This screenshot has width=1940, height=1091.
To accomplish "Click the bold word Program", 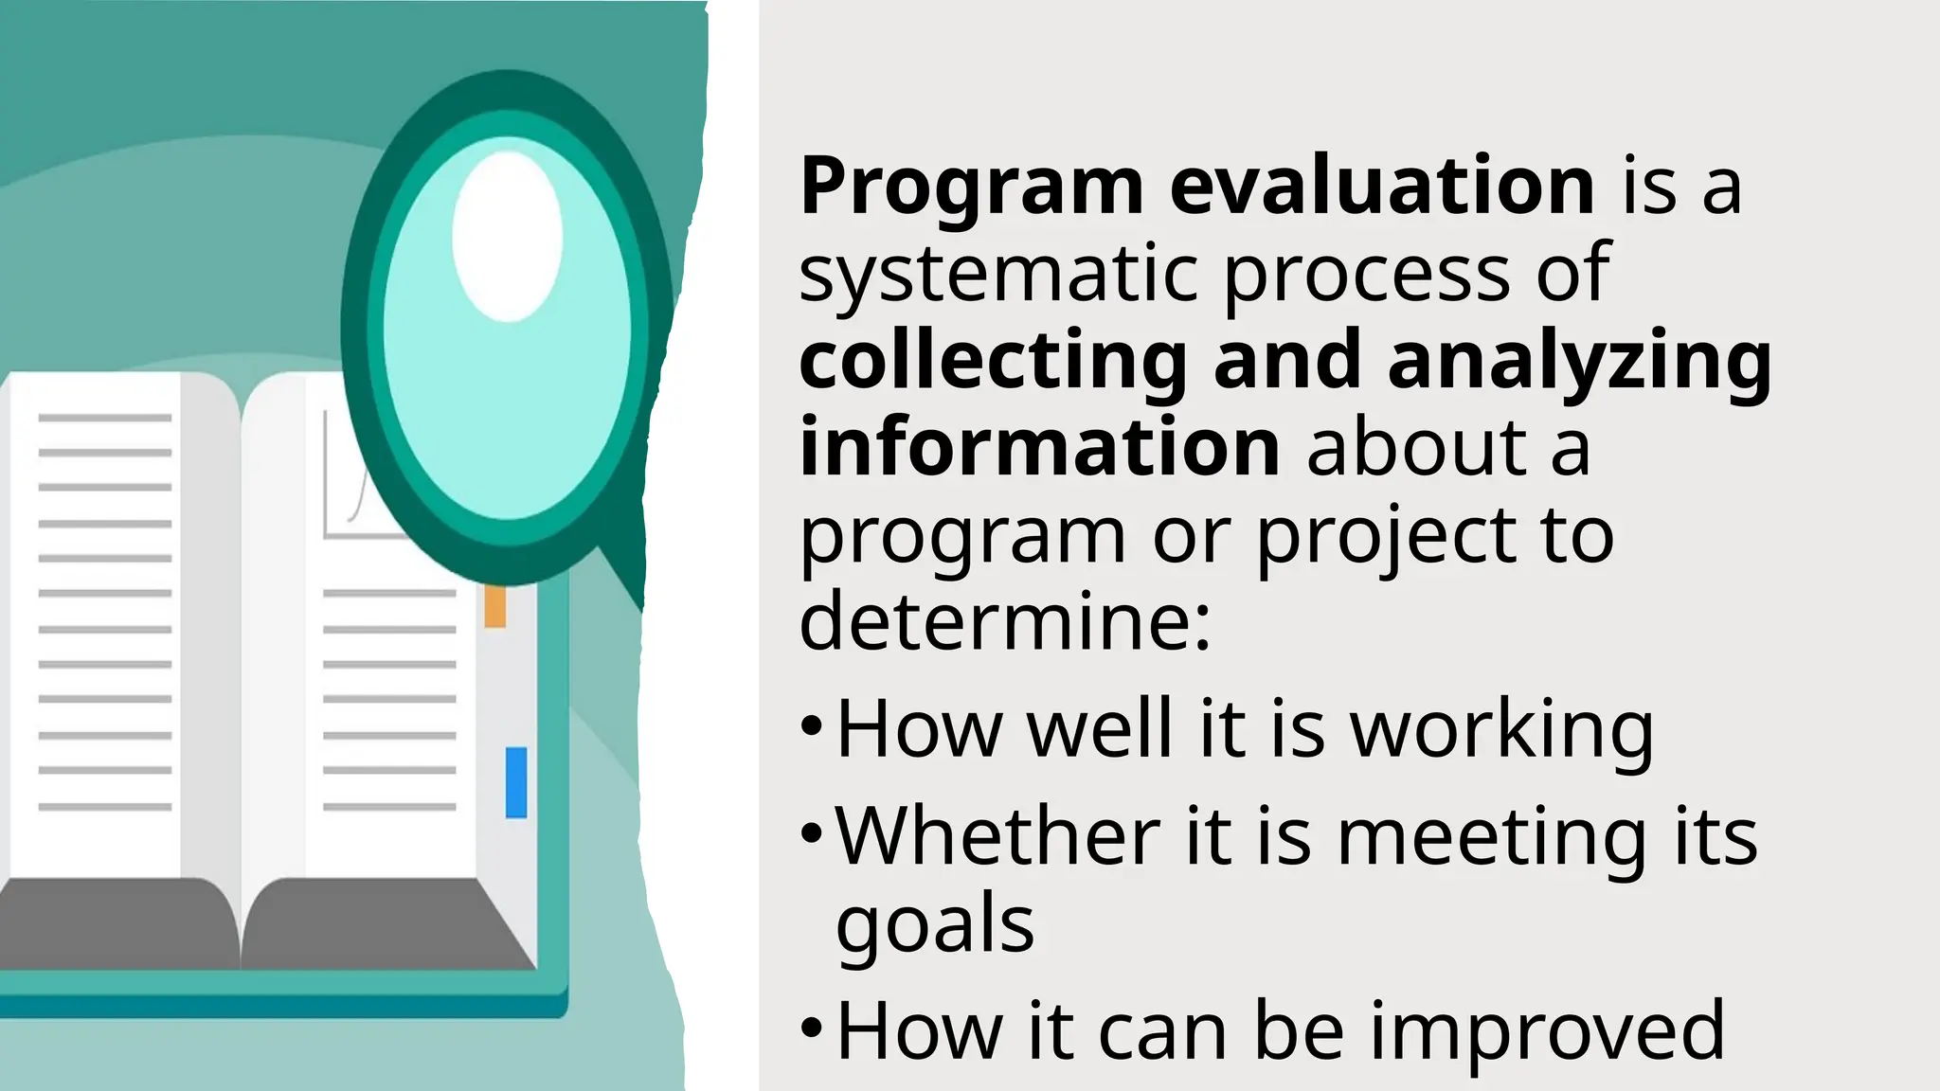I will (971, 188).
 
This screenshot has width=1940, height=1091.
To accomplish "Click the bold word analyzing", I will (1579, 364).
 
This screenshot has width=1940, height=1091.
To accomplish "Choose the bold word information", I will (1039, 448).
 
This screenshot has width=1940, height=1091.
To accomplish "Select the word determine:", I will (1004, 621).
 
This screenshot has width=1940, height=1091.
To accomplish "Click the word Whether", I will (997, 837).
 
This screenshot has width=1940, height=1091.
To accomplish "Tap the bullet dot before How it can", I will (812, 1028).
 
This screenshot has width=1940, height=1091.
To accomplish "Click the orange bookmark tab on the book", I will (494, 606).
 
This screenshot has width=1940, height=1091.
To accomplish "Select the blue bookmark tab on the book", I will (516, 782).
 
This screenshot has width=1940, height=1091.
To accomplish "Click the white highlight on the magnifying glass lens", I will (508, 237).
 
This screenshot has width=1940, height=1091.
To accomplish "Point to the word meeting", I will (1491, 837).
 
